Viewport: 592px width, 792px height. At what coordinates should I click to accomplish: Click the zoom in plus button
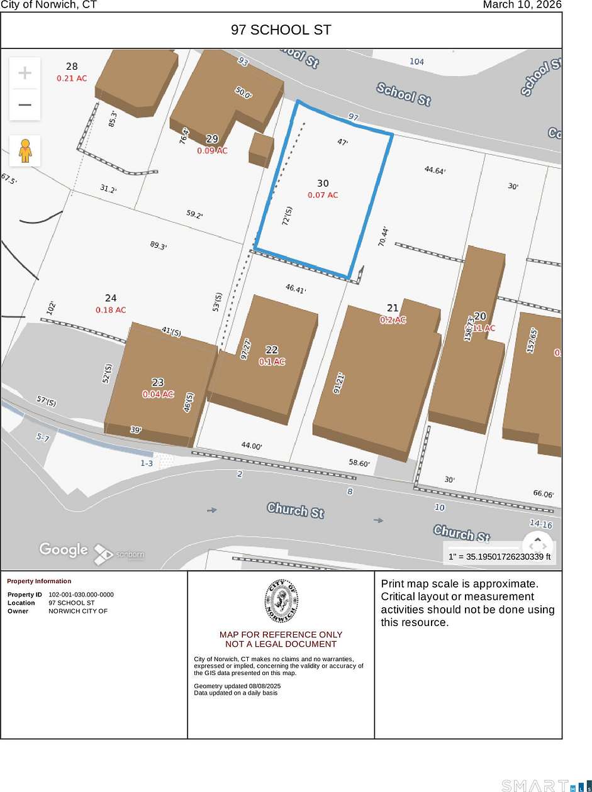point(25,73)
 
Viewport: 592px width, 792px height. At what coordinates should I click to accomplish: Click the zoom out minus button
point(25,104)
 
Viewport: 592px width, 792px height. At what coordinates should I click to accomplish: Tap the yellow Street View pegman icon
point(25,151)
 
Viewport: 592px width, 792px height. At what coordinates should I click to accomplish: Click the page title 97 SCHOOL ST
point(281,30)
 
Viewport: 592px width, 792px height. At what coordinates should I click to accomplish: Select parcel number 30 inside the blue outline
point(323,184)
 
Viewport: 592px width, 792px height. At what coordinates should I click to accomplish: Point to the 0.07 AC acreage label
point(323,195)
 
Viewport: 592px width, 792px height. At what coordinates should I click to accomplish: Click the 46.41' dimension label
point(296,289)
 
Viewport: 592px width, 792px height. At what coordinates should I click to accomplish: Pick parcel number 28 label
point(72,67)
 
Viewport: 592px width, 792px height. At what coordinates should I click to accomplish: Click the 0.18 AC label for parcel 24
point(111,310)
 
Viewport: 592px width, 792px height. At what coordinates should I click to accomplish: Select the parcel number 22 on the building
point(272,350)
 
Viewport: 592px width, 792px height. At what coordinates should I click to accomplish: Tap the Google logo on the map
point(64,549)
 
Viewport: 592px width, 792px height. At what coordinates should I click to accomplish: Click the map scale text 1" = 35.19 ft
point(500,556)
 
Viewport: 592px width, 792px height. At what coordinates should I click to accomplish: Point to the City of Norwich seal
point(281,600)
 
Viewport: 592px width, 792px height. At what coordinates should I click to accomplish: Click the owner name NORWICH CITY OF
point(78,611)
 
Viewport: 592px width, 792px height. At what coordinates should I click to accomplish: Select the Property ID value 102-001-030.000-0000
point(81,595)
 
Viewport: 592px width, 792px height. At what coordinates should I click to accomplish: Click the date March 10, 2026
point(522,5)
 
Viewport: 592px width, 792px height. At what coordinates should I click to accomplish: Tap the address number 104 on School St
point(416,62)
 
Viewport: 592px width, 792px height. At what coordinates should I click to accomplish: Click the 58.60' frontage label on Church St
point(359,463)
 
